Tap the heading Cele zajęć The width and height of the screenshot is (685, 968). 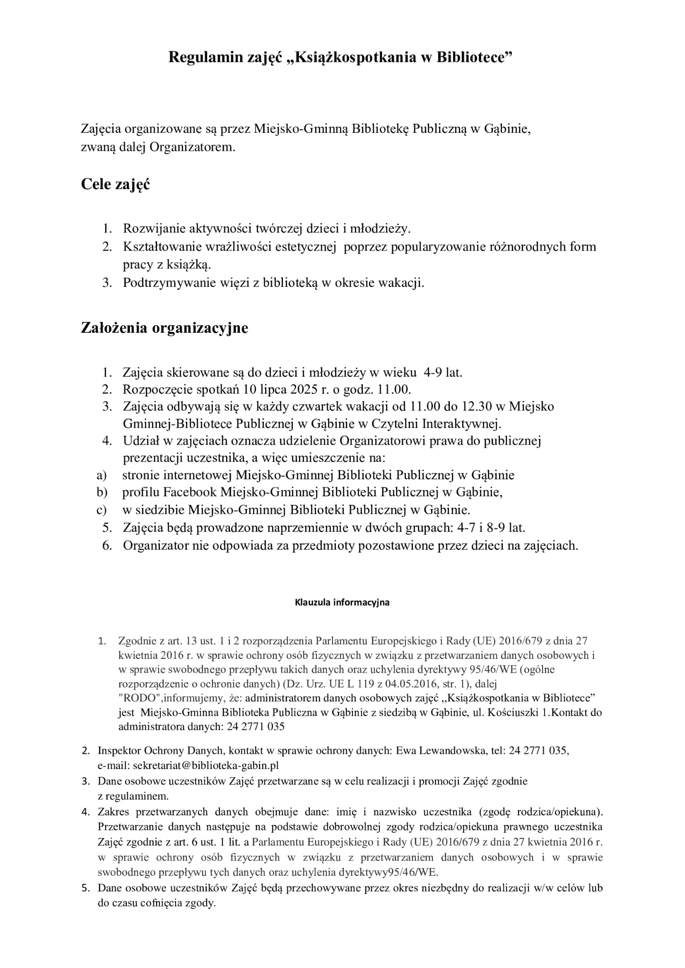click(x=115, y=184)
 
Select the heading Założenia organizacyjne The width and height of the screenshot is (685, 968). click(x=164, y=328)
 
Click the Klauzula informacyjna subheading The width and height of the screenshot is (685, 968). click(x=342, y=602)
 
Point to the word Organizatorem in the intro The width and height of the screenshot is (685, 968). click(x=192, y=147)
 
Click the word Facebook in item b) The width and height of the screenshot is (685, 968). click(x=190, y=492)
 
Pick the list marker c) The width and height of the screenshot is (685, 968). click(x=101, y=510)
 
